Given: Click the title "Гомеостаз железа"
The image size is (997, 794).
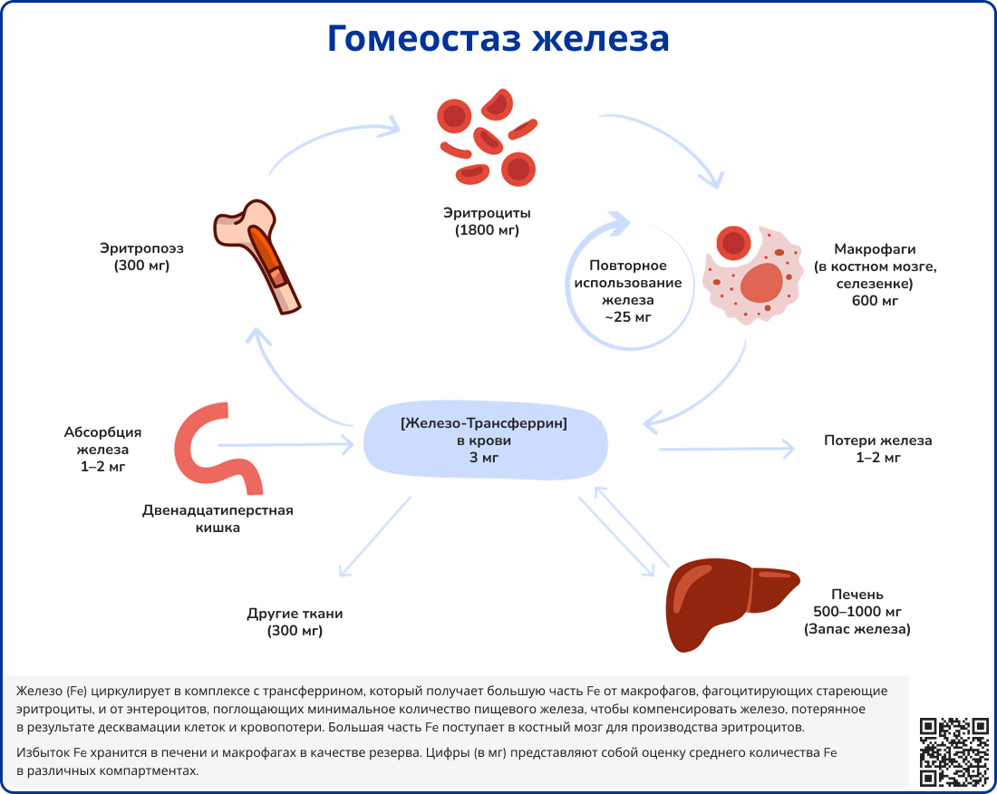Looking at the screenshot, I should coord(498,39).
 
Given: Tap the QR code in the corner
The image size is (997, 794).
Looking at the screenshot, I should coord(953,750).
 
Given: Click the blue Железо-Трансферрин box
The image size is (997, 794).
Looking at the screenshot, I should coord(484,441).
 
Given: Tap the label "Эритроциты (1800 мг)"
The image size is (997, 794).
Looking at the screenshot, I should coord(487,222).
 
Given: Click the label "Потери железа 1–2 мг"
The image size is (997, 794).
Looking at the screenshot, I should coord(877,449).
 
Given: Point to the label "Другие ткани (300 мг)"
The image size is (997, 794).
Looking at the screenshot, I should coord(295,622).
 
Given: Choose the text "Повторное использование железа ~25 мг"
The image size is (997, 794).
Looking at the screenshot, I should coord(628,291).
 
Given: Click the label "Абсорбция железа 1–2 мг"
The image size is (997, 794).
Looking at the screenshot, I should coord(102,450).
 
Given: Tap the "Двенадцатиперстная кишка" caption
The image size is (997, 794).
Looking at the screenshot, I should coord(218,518).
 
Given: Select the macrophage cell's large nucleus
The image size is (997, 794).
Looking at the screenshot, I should coord(761,284).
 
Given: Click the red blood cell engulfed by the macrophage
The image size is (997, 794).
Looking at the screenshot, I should coord(732,243).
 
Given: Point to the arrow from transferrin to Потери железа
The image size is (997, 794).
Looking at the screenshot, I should coord(725,448).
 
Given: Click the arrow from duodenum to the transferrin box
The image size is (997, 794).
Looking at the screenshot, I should coord(286,444).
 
